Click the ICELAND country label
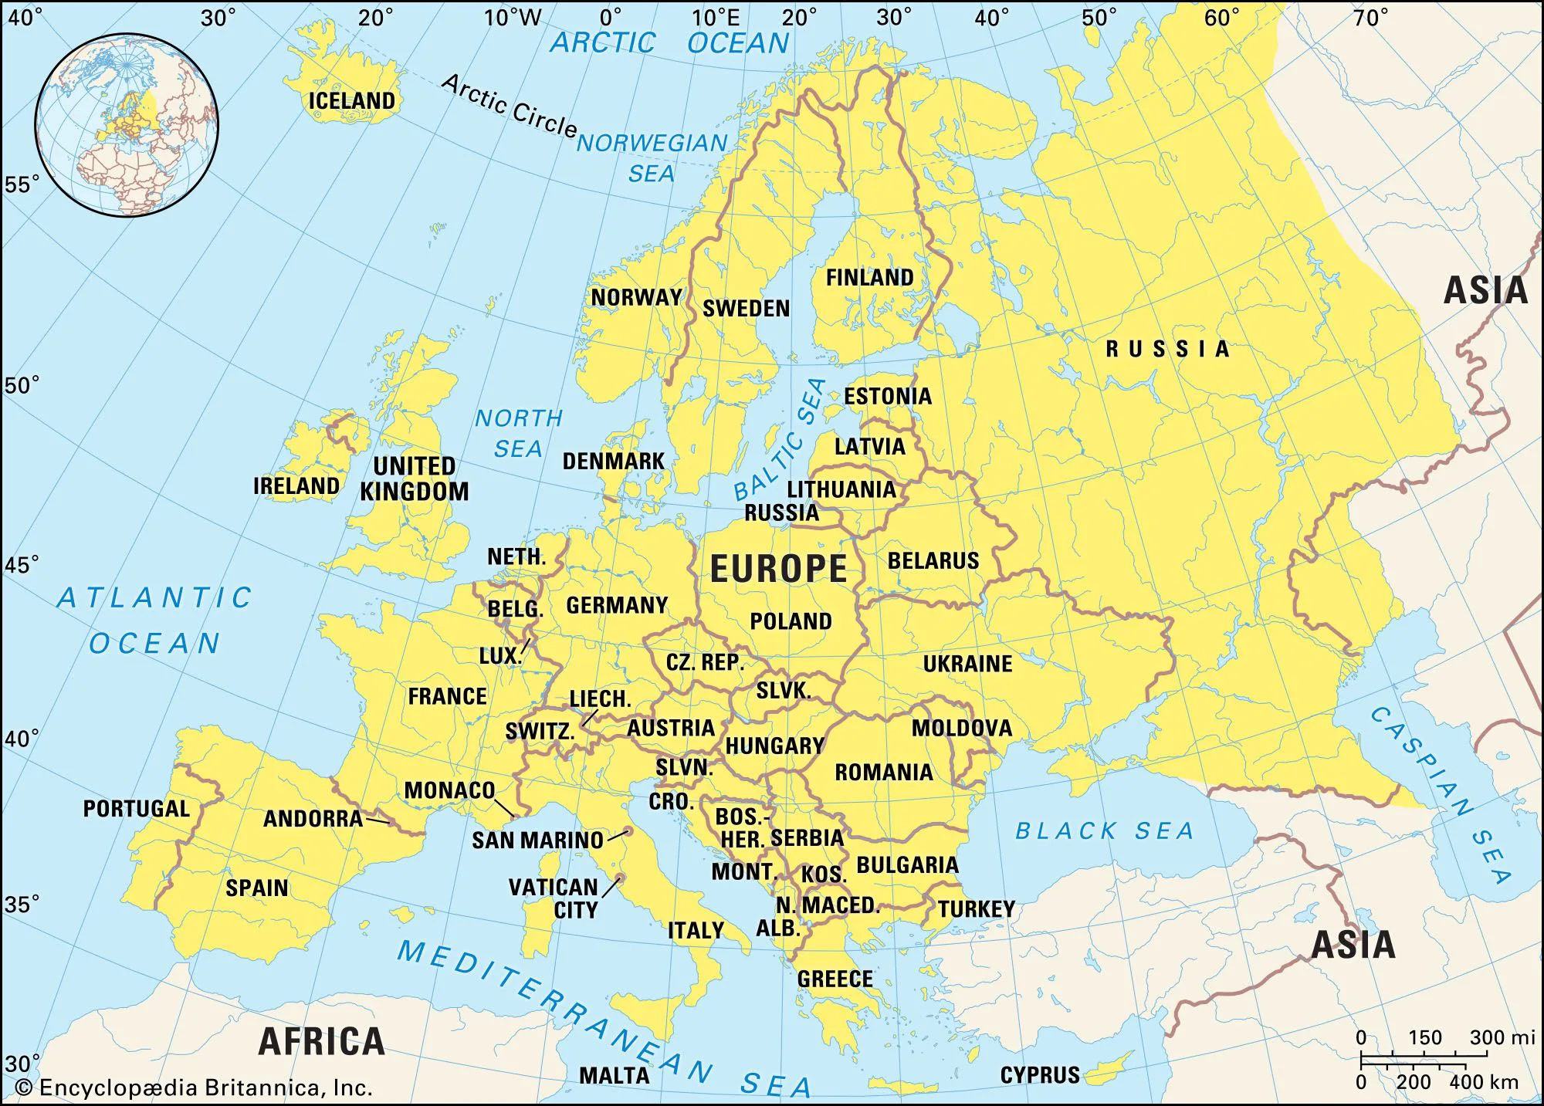tap(352, 101)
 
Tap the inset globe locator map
tap(127, 124)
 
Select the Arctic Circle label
tap(509, 107)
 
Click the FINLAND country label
tap(869, 277)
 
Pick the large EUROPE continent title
tap(778, 569)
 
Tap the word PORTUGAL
tap(137, 808)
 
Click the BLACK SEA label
tap(1104, 830)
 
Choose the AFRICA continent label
tap(321, 1041)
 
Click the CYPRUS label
tap(1040, 1075)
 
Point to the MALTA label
tap(615, 1075)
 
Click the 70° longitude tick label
tap(1370, 18)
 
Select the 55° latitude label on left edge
tap(21, 184)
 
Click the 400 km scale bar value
tap(1483, 1083)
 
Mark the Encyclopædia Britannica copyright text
tap(195, 1088)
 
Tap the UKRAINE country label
tap(967, 664)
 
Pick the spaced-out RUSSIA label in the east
tap(1167, 349)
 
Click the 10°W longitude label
tap(513, 18)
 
